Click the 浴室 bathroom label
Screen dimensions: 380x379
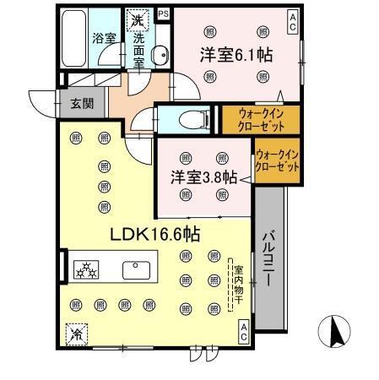[x=105, y=39]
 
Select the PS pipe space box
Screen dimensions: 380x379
[x=162, y=14]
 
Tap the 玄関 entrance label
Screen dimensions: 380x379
[x=82, y=104]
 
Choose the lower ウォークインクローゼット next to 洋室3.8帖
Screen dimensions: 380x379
[x=277, y=161]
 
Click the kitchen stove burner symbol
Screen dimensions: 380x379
[x=87, y=270]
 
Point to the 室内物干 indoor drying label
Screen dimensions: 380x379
[x=237, y=283]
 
